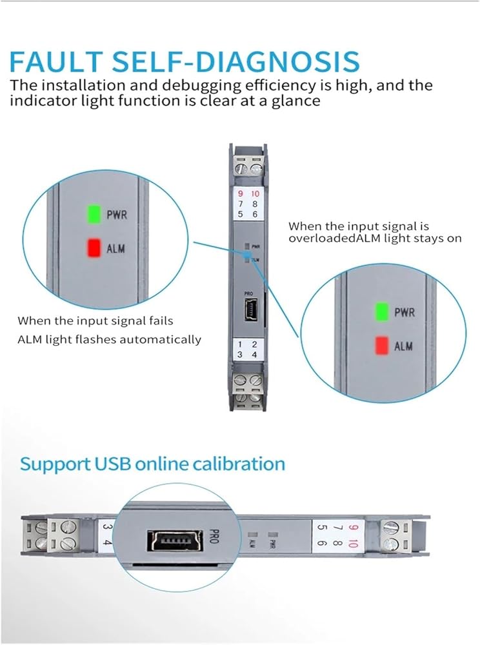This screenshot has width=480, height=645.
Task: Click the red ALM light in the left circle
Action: coord(94,248)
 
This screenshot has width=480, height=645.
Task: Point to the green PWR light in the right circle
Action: coord(382,312)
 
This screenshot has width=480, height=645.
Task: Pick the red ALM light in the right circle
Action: coord(382,345)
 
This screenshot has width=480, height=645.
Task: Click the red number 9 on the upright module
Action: coord(241,193)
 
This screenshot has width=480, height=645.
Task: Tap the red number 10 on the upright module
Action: coord(255,193)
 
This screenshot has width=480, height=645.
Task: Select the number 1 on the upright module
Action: coord(240,345)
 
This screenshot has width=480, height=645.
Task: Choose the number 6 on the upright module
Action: coord(255,213)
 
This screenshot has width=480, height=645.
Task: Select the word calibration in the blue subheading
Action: coord(240,464)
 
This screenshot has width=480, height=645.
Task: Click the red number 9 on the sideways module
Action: coord(352,527)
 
